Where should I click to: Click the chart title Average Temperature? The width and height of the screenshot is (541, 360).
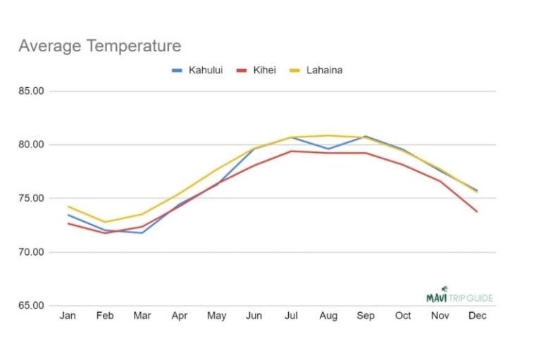click(99, 46)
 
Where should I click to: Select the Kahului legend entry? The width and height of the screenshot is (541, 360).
click(197, 70)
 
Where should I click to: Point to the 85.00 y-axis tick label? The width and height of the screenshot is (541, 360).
click(31, 92)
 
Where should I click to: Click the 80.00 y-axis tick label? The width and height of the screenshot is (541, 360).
click(31, 145)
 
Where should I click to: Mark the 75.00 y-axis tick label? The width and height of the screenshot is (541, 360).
click(31, 199)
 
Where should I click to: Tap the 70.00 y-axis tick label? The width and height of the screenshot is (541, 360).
click(31, 252)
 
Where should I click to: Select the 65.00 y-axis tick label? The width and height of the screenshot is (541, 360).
click(31, 306)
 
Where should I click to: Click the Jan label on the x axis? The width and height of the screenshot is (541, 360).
click(68, 316)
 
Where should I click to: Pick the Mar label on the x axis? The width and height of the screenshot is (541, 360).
click(142, 316)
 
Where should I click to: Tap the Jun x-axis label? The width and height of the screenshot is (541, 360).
click(254, 316)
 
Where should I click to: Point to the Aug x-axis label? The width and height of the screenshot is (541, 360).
click(328, 316)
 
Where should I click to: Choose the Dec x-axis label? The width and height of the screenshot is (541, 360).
click(477, 316)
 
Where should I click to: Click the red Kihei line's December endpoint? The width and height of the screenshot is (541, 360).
click(477, 211)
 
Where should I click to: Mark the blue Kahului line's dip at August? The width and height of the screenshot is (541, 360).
click(328, 149)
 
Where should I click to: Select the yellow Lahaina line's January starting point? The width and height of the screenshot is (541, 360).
click(68, 206)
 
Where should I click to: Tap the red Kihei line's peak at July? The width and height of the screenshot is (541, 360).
click(291, 151)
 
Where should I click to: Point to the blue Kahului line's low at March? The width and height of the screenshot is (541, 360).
click(142, 232)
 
